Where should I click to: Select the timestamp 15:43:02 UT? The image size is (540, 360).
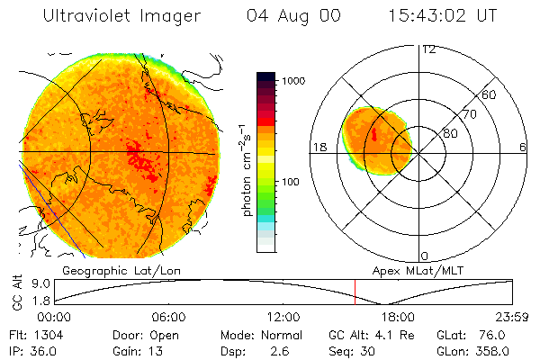tap(441, 16)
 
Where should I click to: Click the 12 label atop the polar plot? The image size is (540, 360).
tap(428, 49)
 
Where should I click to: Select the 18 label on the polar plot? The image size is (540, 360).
tap(319, 148)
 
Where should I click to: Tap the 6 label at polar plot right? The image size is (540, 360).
tap(523, 148)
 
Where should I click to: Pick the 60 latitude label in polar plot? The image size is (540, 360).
tap(490, 94)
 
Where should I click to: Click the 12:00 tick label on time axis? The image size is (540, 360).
tap(283, 317)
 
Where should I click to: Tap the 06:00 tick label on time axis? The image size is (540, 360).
tap(169, 317)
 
